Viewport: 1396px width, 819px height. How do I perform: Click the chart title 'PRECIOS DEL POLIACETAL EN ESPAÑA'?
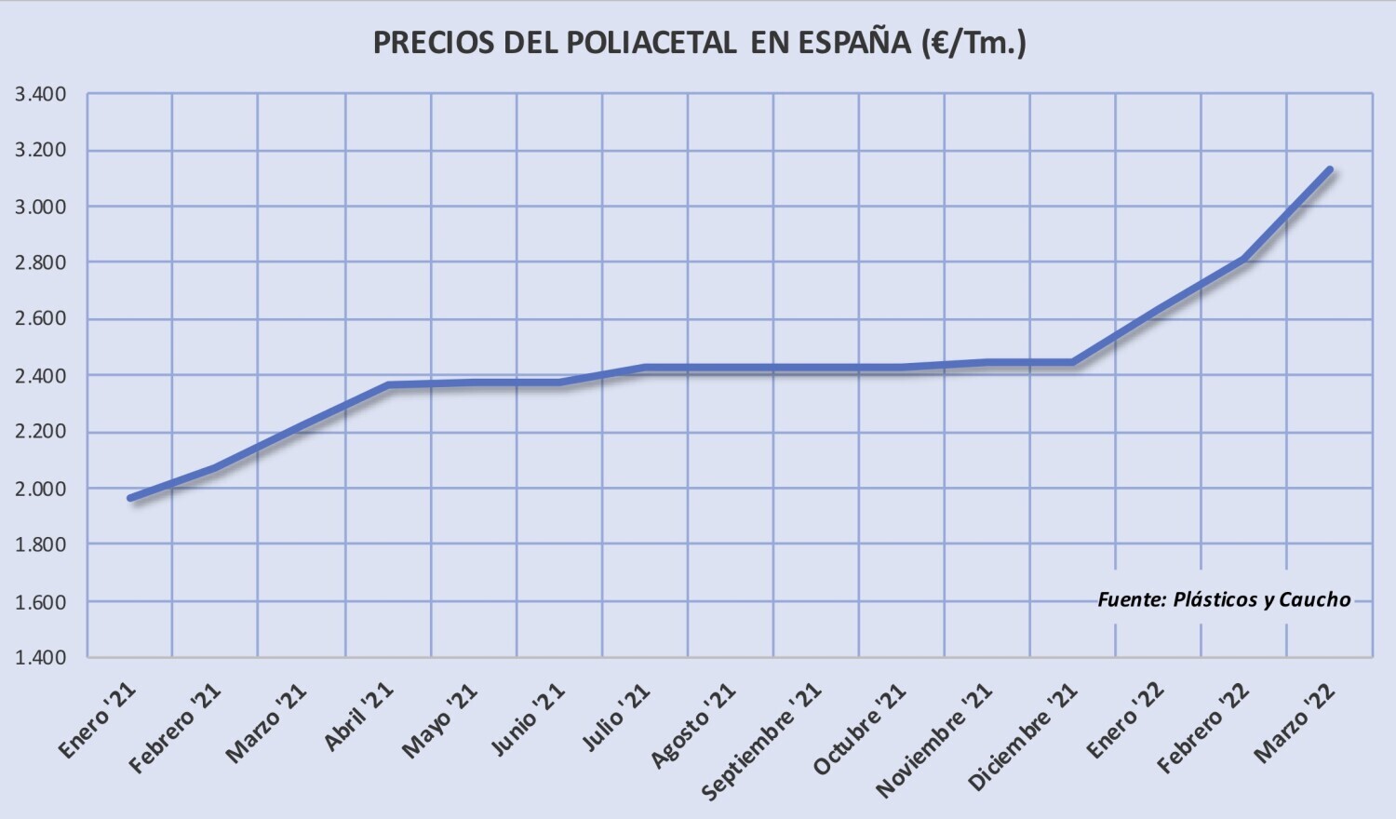pyautogui.click(x=698, y=42)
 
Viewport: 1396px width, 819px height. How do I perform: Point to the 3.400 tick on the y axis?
pyautogui.click(x=40, y=94)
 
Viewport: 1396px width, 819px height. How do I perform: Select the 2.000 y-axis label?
pyautogui.click(x=40, y=489)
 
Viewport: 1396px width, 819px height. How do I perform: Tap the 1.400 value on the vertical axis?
pyautogui.click(x=40, y=657)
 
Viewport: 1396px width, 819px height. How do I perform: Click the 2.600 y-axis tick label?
pyautogui.click(x=40, y=319)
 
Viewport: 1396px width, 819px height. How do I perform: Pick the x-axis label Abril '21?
pyautogui.click(x=358, y=716)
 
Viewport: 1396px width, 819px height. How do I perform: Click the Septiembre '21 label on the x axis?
pyautogui.click(x=761, y=741)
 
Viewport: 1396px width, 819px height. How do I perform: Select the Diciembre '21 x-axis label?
pyautogui.click(x=1023, y=736)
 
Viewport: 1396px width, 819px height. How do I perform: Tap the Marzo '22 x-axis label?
pyautogui.click(x=1295, y=721)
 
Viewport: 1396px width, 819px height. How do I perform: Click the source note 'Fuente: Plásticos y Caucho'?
pyautogui.click(x=1224, y=599)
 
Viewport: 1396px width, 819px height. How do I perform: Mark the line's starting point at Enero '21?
pyautogui.click(x=130, y=498)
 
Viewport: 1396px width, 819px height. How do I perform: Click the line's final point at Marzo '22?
pyautogui.click(x=1330, y=170)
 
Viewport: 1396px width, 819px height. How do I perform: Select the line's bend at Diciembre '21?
pyautogui.click(x=1073, y=362)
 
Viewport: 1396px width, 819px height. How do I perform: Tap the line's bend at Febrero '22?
pyautogui.click(x=1244, y=259)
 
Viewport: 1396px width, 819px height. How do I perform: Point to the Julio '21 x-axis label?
pyautogui.click(x=616, y=716)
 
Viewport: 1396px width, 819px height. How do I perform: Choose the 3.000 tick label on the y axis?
pyautogui.click(x=40, y=207)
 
